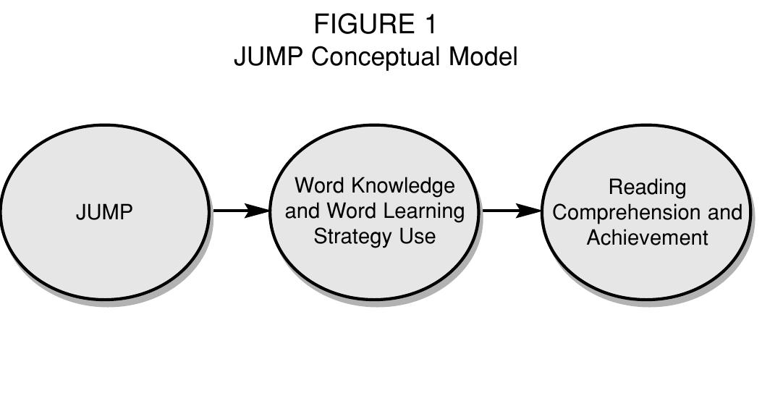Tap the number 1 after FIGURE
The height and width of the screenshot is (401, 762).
click(x=429, y=25)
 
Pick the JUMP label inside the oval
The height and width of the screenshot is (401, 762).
click(x=104, y=213)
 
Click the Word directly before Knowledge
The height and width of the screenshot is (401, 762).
click(x=318, y=186)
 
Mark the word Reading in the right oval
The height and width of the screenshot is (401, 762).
click(x=647, y=187)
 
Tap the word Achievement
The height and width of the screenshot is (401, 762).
click(x=647, y=237)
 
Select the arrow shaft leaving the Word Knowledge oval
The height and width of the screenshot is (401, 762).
click(x=503, y=211)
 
